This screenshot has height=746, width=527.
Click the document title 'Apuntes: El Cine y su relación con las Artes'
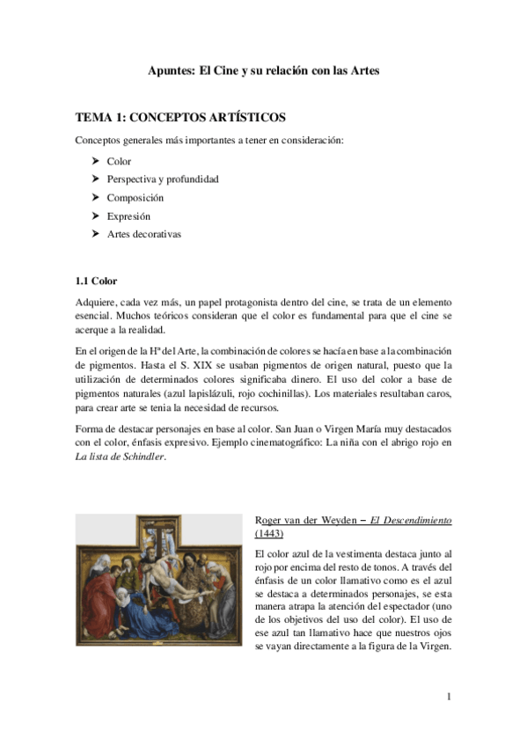263,70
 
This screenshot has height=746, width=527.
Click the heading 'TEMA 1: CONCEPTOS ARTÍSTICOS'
180,117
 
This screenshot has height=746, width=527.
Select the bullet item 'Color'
119,162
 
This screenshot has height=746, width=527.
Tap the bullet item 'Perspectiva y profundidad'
163,179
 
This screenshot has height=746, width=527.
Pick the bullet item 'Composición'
135,198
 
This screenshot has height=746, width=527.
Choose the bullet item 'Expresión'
128,216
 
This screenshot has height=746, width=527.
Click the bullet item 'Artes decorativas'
144,234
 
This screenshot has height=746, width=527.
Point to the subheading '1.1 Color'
96,282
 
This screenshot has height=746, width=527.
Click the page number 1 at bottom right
449,698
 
